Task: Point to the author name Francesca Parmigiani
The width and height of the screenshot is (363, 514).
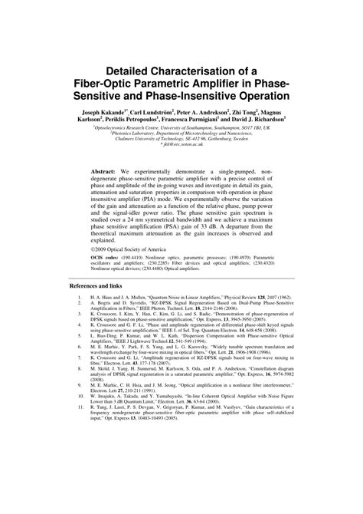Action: tap(191, 120)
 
